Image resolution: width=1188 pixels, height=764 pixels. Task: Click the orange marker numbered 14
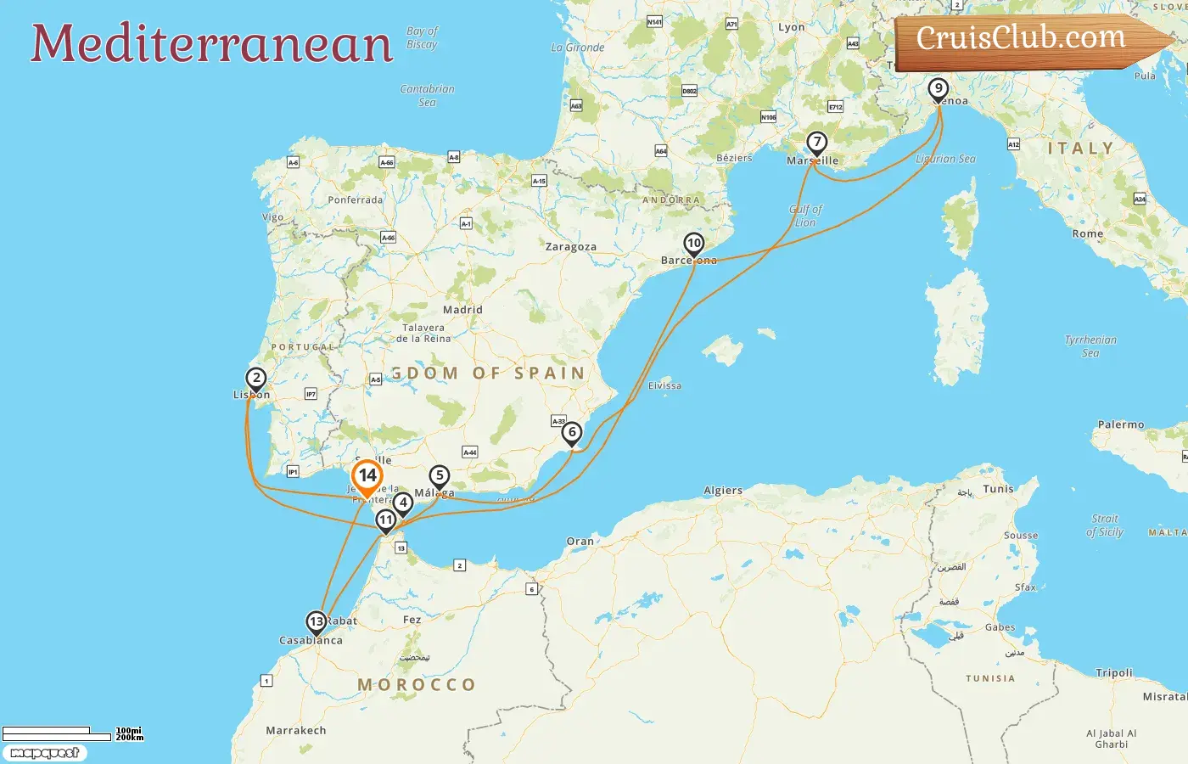367,477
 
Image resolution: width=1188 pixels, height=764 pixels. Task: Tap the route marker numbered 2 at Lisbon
255,379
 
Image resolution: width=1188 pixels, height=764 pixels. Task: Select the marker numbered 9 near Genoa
938,88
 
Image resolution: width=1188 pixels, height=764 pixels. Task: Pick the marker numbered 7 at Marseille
816,143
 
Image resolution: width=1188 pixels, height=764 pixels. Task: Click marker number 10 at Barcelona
694,244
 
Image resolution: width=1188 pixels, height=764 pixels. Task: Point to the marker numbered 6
572,433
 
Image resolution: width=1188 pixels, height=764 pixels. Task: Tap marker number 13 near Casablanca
317,622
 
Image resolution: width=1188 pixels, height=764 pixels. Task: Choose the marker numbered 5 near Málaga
439,476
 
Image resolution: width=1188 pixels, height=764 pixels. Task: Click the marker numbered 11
386,520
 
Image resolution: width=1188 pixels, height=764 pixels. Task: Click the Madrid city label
462,310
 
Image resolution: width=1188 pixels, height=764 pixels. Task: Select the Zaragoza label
570,247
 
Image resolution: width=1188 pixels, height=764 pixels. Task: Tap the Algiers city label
723,491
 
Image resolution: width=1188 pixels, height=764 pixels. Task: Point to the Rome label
1087,233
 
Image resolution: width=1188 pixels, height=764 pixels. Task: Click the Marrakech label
295,730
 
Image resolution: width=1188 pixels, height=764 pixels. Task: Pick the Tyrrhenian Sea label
1090,346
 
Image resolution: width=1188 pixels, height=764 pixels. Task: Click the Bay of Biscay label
422,37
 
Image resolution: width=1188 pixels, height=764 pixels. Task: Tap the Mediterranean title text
212,44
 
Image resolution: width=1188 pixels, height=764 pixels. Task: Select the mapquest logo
44,753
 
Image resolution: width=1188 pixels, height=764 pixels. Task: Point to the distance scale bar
57,733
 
